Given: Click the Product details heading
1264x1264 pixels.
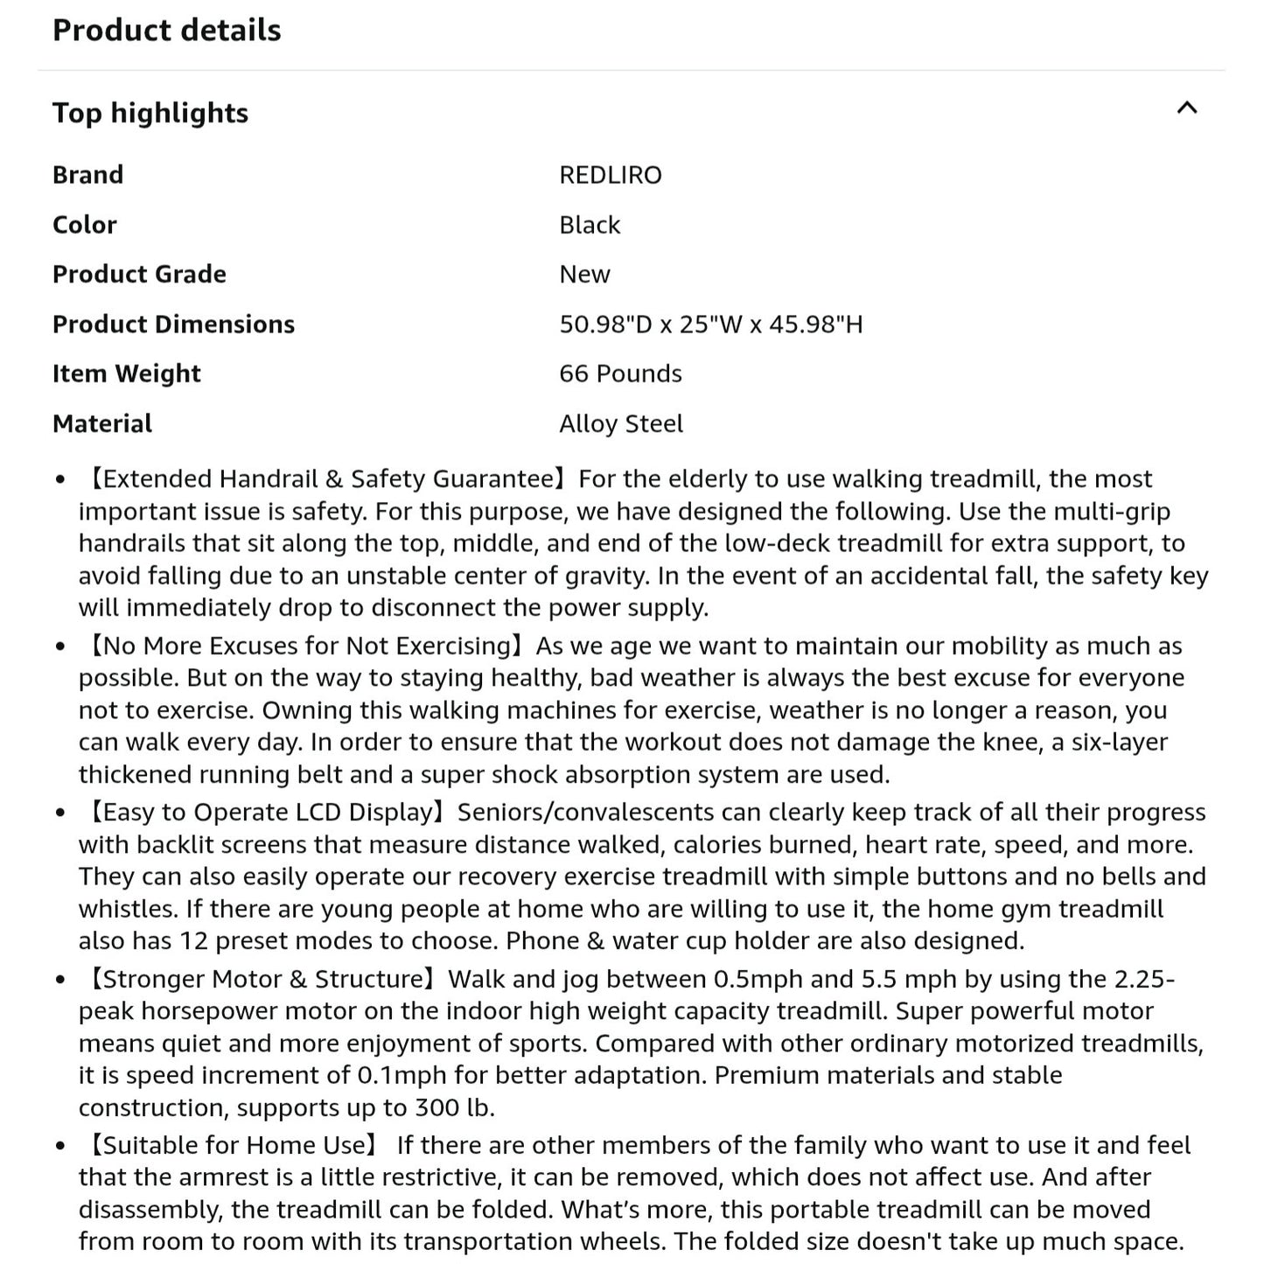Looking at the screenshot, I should tap(166, 31).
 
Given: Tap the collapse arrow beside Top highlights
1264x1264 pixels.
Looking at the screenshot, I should tap(1186, 108).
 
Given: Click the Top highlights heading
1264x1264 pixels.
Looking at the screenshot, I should tap(150, 113).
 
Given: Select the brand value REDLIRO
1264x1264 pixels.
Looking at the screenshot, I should tap(610, 175).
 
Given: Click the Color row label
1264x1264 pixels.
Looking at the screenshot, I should tap(84, 225).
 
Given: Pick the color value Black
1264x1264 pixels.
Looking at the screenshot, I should tap(590, 225).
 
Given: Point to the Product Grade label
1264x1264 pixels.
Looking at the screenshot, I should tap(139, 275).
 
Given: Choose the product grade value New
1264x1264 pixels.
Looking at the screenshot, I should tap(584, 275).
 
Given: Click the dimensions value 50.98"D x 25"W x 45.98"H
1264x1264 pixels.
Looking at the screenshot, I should tap(710, 325).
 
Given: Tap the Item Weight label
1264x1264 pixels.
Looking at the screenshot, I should tap(126, 374).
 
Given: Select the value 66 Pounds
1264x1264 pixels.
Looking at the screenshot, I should tap(620, 374).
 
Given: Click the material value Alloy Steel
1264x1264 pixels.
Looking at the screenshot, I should tap(621, 423).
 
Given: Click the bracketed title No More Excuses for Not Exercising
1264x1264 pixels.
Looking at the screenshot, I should tap(306, 646).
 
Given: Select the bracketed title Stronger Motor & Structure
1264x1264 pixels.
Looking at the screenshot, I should tap(263, 979).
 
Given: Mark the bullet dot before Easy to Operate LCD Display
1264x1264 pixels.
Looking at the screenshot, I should tap(59, 814).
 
